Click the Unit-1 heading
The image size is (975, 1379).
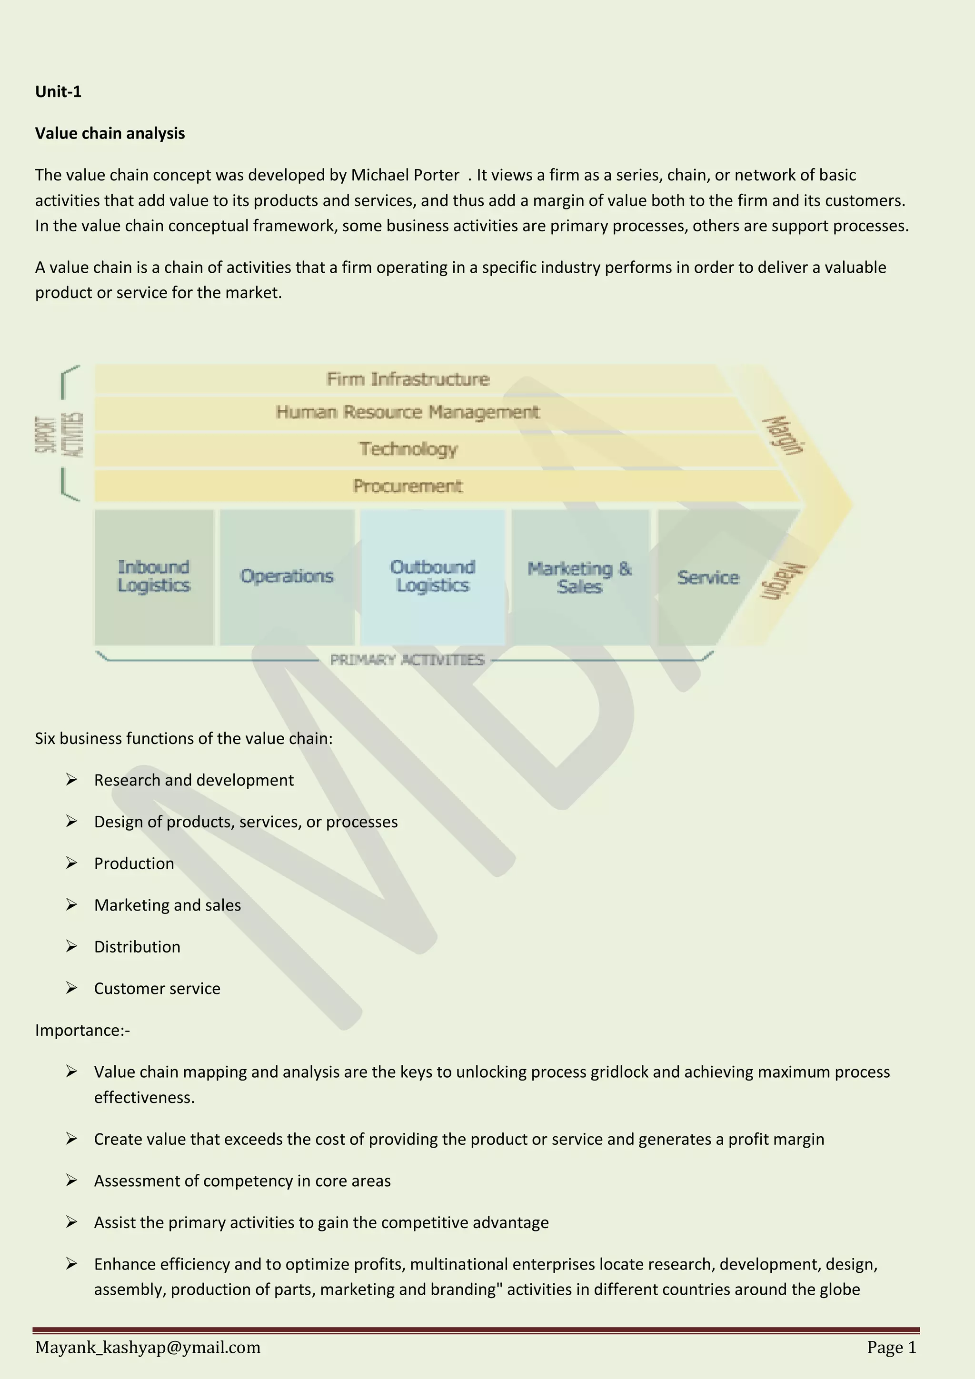tap(58, 91)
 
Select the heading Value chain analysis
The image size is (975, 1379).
tap(110, 133)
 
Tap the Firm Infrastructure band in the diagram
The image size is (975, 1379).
tap(408, 379)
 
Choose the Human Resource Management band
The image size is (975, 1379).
tap(408, 412)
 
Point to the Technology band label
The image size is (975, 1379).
tap(408, 449)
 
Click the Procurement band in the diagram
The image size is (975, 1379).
tap(408, 486)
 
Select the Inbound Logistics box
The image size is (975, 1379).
tap(154, 576)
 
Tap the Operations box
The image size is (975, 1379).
tap(287, 576)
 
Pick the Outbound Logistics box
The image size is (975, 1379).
tap(433, 576)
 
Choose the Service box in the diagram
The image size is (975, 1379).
tap(707, 577)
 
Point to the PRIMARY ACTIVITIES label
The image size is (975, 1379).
tap(407, 660)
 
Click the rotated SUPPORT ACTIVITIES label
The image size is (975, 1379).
tap(59, 434)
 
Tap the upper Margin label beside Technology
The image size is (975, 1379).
tap(783, 436)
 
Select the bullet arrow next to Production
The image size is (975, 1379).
tap(71, 863)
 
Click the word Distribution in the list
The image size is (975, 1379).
tap(137, 947)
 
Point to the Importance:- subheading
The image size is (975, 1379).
tap(82, 1030)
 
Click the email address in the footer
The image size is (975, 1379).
tap(148, 1347)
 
